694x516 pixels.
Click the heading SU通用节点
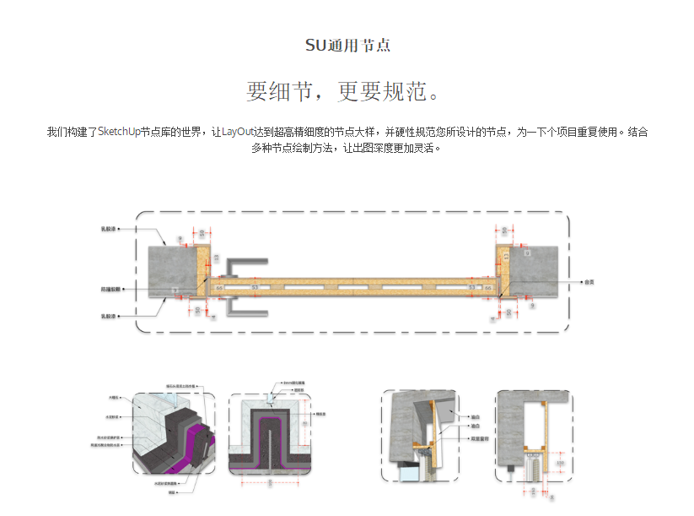(347, 46)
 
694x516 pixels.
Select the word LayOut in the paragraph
(239, 132)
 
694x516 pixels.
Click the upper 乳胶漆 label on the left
(108, 228)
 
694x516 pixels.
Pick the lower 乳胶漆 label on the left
(108, 317)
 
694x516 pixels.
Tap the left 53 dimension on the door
(255, 288)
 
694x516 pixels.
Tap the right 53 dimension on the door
(471, 288)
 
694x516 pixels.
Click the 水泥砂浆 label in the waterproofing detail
(113, 416)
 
